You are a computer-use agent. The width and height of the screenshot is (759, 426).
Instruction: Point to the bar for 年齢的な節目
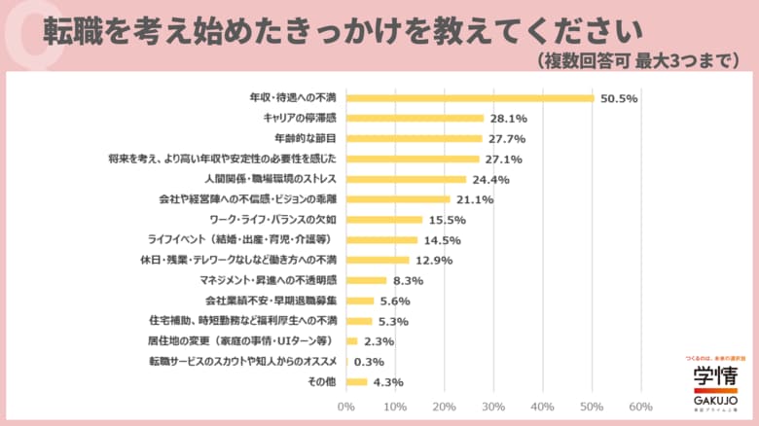click(x=414, y=138)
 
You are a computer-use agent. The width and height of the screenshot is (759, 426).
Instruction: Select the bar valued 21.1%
click(x=397, y=199)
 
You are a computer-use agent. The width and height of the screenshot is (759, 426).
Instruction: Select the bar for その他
click(x=356, y=382)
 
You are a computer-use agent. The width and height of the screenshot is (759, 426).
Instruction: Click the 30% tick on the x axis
click(x=493, y=406)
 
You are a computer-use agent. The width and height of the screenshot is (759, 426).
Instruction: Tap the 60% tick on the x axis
click(x=640, y=406)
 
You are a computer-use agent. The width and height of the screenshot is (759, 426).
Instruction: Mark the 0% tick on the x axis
click(x=345, y=406)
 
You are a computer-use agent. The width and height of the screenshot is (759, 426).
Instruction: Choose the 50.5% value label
click(x=618, y=97)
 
